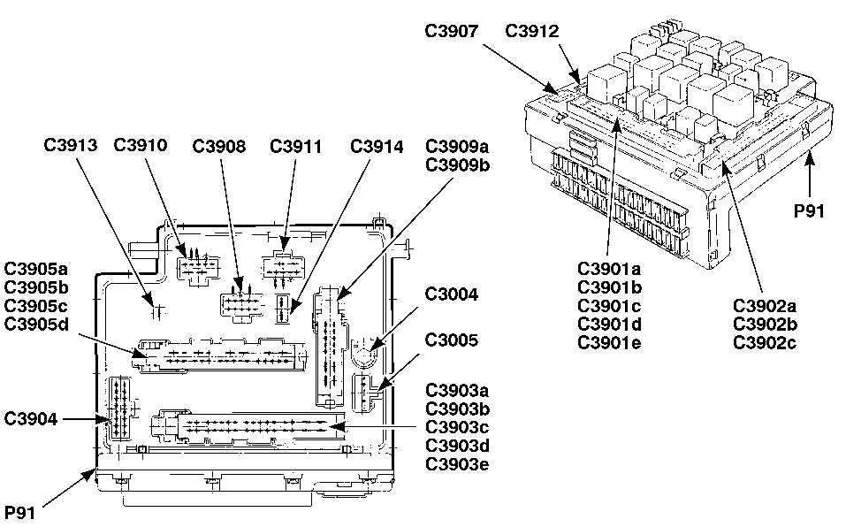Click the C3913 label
[70, 144]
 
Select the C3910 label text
[141, 144]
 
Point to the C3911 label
[297, 144]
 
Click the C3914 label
[377, 144]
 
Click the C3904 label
[32, 418]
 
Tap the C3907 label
[451, 31]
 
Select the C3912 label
[532, 31]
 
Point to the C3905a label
[36, 268]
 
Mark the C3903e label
[457, 463]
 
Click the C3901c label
[609, 305]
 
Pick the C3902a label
[765, 306]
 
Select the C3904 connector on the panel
[118, 409]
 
